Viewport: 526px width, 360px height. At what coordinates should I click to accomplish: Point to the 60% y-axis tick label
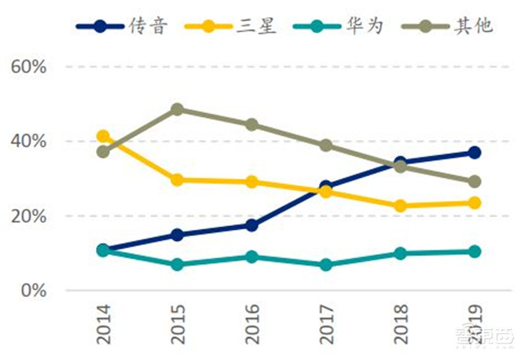pyautogui.click(x=28, y=67)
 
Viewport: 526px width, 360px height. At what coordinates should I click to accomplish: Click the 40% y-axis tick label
pyautogui.click(x=28, y=141)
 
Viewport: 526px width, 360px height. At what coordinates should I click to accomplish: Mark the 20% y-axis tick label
pyautogui.click(x=28, y=216)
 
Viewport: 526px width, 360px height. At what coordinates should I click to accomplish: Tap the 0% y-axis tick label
pyautogui.click(x=33, y=290)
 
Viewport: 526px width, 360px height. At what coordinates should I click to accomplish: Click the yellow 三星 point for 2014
pyautogui.click(x=103, y=137)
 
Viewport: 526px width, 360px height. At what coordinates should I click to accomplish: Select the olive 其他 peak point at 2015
pyautogui.click(x=178, y=109)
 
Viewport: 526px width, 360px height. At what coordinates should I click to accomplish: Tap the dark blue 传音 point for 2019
pyautogui.click(x=474, y=152)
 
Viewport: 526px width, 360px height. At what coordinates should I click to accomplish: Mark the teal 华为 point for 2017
pyautogui.click(x=326, y=265)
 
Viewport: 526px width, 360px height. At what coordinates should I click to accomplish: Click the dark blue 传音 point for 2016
pyautogui.click(x=252, y=225)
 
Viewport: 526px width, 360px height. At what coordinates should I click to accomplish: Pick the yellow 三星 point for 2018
pyautogui.click(x=400, y=206)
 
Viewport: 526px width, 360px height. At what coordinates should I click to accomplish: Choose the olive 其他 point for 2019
pyautogui.click(x=474, y=181)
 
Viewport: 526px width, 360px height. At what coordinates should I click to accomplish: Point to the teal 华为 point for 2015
pyautogui.click(x=178, y=265)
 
